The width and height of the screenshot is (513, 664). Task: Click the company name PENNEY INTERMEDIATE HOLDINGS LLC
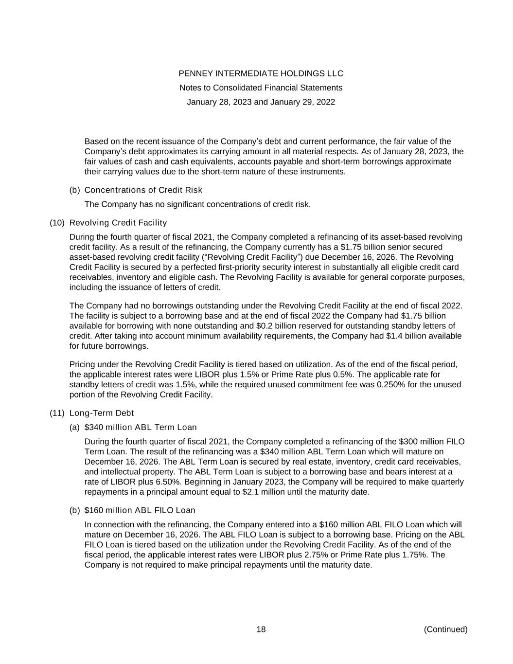click(x=261, y=73)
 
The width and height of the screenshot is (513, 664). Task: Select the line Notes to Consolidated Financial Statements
click(x=261, y=88)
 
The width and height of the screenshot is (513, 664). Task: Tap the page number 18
click(x=261, y=629)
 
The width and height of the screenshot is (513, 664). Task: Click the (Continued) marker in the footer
click(x=445, y=629)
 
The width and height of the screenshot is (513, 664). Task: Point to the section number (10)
click(x=57, y=223)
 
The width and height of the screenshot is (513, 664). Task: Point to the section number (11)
click(x=57, y=413)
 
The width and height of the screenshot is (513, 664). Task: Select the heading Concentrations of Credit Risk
click(x=143, y=190)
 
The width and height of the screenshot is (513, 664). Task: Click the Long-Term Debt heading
click(x=102, y=413)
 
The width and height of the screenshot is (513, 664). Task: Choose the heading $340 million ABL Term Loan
click(x=141, y=428)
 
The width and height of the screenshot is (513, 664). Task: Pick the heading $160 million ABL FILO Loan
click(x=140, y=510)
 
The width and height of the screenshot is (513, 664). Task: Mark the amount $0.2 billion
click(x=278, y=326)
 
